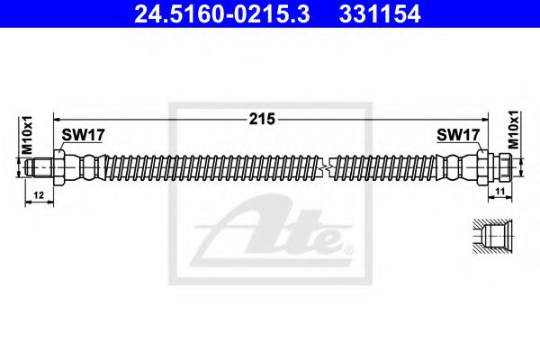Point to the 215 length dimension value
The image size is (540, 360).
(x=263, y=119)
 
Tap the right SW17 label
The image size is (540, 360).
(x=456, y=136)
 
